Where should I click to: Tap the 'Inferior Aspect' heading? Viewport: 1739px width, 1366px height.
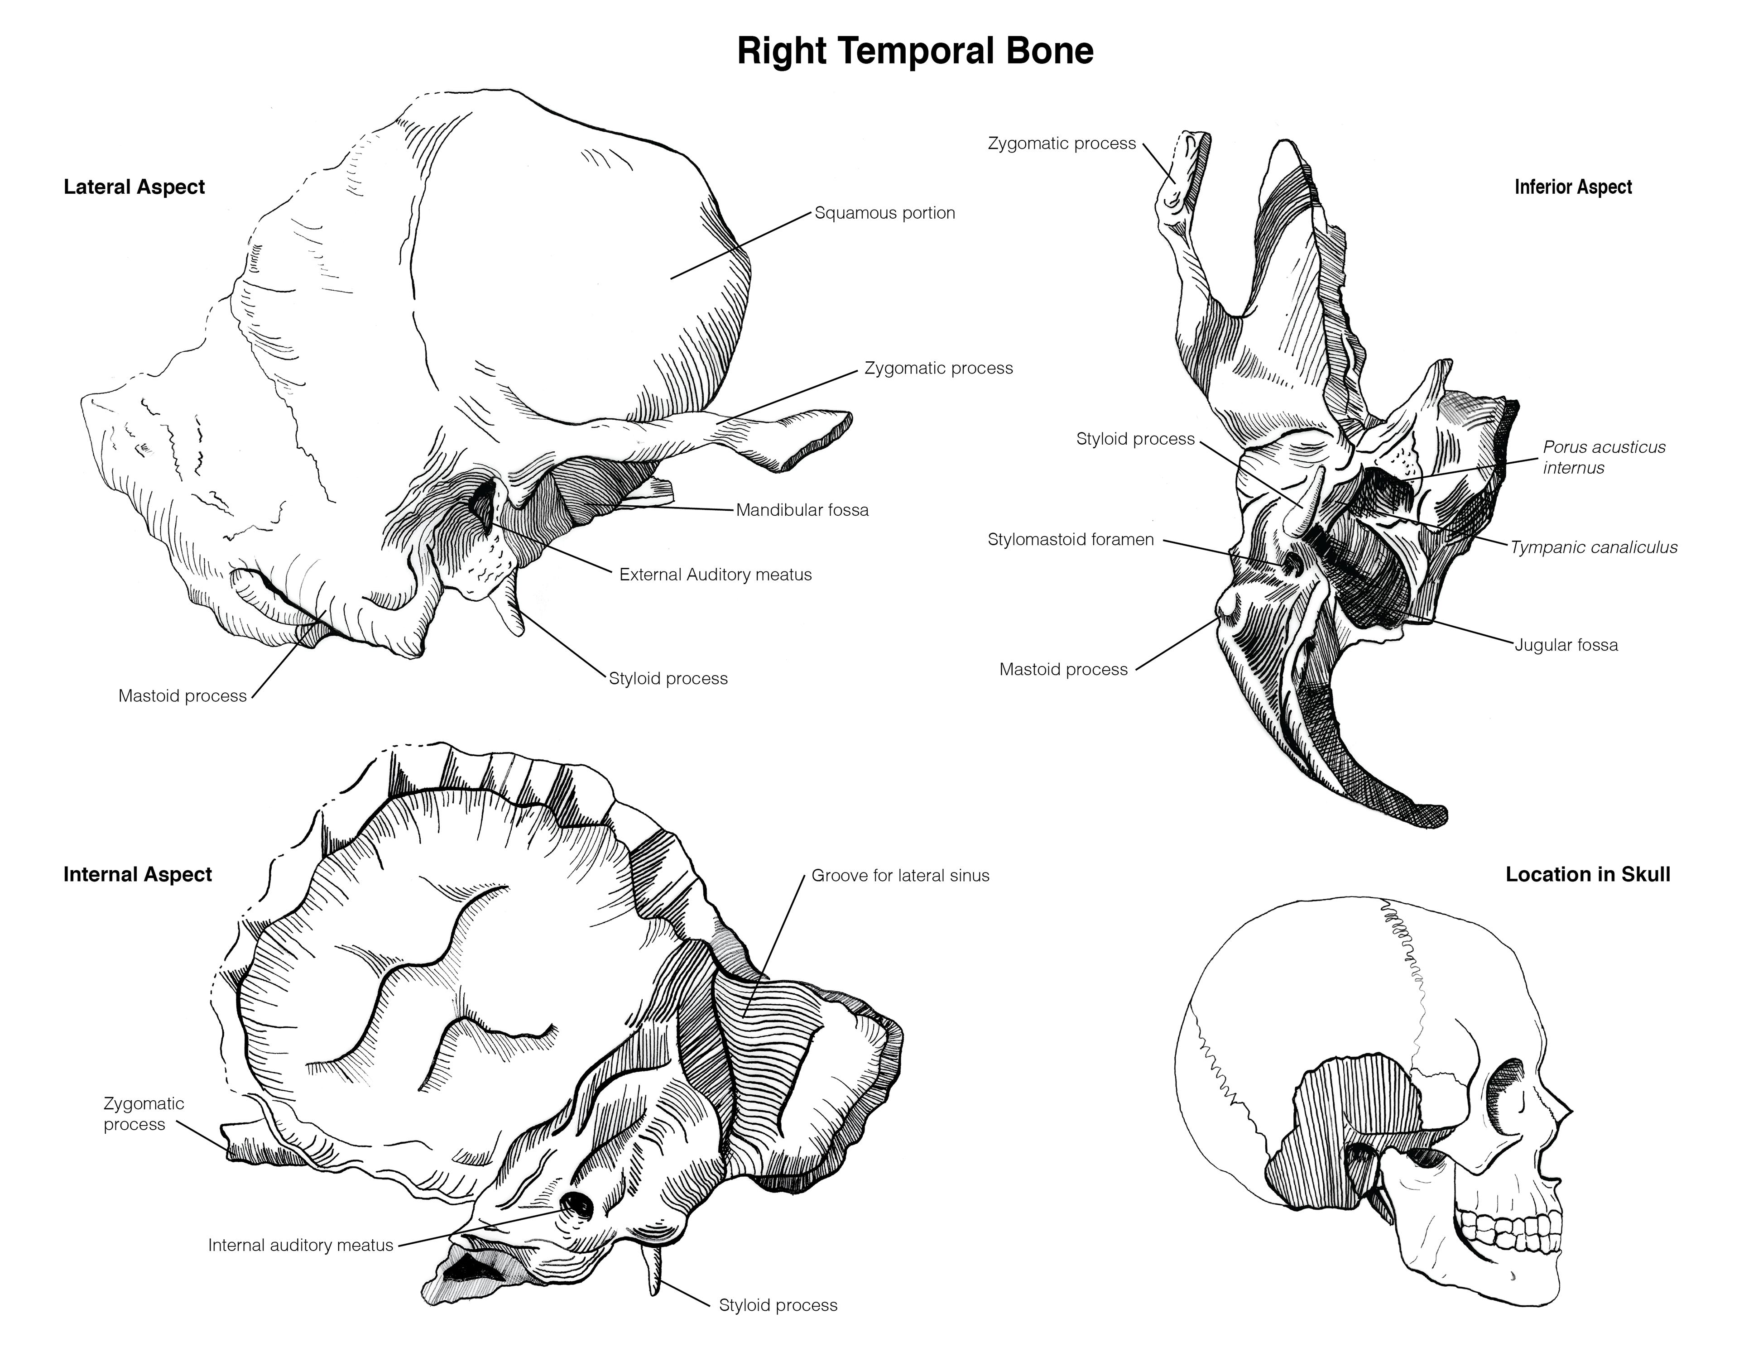coord(1573,187)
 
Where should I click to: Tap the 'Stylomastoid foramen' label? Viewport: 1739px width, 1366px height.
coord(1070,540)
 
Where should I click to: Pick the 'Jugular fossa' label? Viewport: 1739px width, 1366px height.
coord(1566,645)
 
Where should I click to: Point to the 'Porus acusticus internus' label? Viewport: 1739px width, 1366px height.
coord(1603,457)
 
